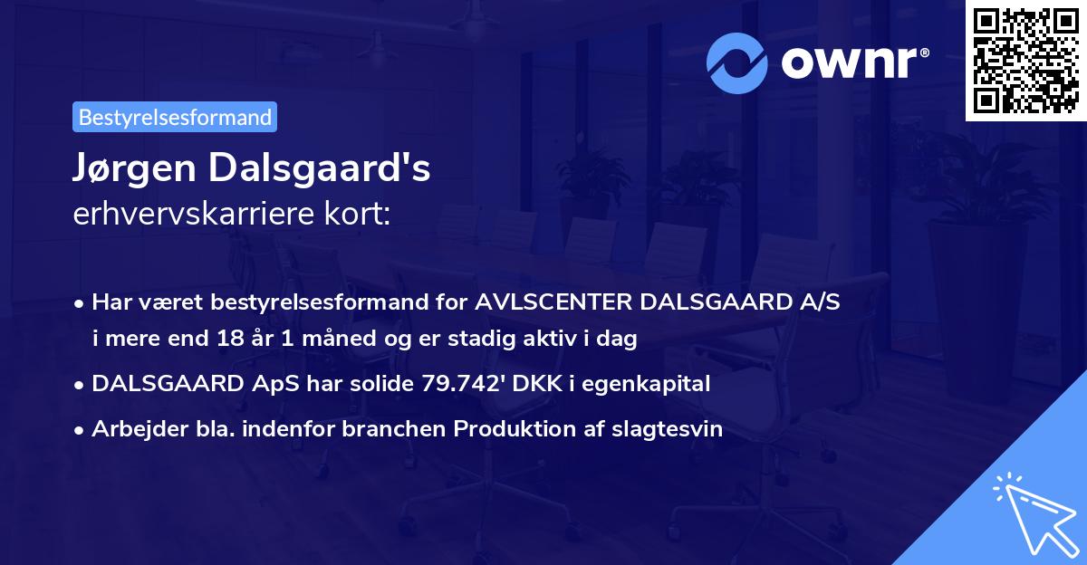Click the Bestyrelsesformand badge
[175, 117]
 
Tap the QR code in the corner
[1025, 61]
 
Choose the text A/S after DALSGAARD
[821, 303]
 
